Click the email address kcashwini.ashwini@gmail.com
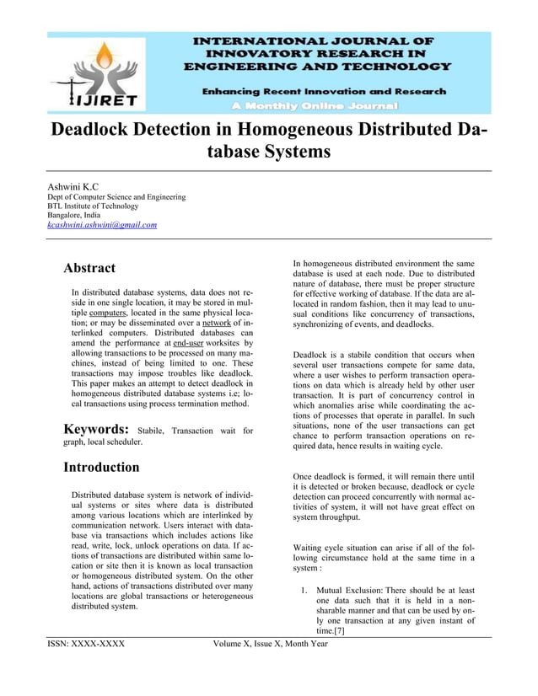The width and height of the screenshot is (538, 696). pos(101,225)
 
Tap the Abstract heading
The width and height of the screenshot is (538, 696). pos(89,268)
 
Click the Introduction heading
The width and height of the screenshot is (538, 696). pos(101,467)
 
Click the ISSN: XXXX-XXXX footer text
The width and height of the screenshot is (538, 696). pos(85,645)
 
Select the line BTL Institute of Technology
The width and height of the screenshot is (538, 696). pos(92,206)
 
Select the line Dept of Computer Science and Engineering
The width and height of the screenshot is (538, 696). pos(116,196)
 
